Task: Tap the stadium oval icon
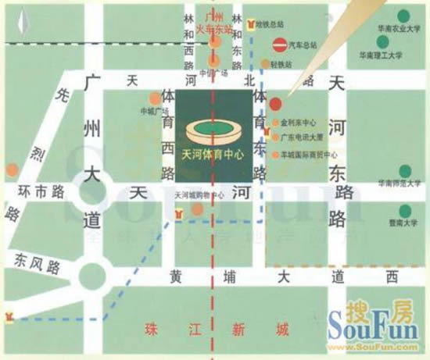[x=213, y=129]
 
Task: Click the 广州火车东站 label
[x=214, y=23]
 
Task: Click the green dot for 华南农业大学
[x=403, y=16]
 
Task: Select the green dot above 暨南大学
[x=405, y=210]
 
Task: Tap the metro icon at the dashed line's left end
[x=10, y=317]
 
